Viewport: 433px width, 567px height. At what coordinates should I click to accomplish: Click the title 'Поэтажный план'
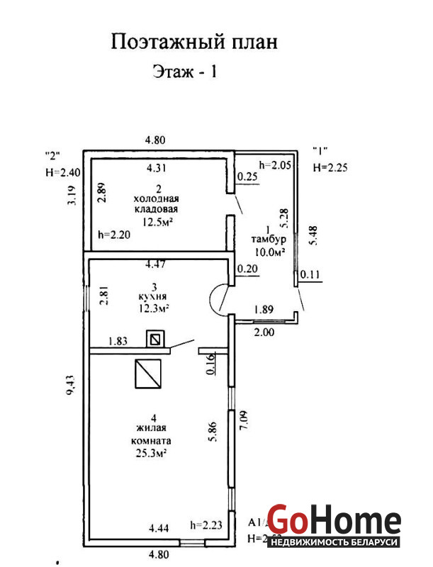pyautogui.click(x=193, y=42)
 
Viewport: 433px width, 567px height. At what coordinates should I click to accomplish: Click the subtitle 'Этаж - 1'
pyautogui.click(x=184, y=72)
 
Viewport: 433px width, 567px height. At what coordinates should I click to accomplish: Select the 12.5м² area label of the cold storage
pyautogui.click(x=157, y=221)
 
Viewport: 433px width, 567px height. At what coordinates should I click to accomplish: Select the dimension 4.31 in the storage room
pyautogui.click(x=157, y=169)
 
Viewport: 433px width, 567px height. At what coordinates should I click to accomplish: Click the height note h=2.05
pyautogui.click(x=276, y=166)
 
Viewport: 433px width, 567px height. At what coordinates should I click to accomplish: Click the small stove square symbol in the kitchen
pyautogui.click(x=155, y=339)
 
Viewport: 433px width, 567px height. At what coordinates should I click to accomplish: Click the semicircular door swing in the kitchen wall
pyautogui.click(x=220, y=299)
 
